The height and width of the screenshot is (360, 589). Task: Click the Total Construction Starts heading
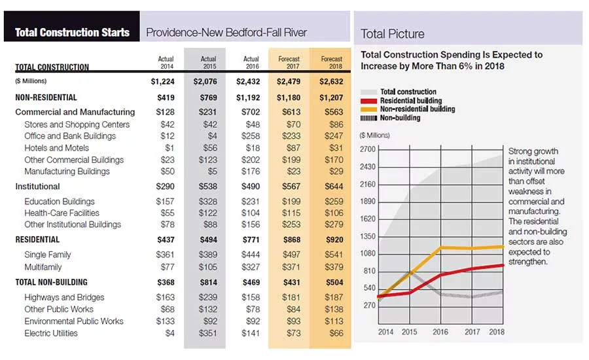[x=72, y=32]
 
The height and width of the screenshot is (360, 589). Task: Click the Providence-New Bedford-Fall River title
[x=226, y=33]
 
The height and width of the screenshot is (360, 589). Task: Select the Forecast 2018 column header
[x=332, y=62]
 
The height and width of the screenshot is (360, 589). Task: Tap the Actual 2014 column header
[x=166, y=62]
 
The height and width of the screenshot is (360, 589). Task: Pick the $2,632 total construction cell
[x=331, y=82]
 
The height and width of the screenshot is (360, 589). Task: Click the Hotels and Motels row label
[x=57, y=148]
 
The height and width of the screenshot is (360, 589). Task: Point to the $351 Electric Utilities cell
[x=208, y=333]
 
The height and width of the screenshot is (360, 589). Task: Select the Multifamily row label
[x=43, y=267]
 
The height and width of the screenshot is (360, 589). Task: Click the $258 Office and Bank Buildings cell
[x=251, y=136]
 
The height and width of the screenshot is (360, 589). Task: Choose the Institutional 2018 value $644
[x=334, y=187]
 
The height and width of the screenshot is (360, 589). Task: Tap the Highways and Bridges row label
[x=64, y=297]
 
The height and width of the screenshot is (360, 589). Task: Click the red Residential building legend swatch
[x=368, y=101]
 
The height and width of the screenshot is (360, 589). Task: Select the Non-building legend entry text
[x=400, y=118]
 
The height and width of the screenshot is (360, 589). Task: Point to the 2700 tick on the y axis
[x=368, y=149]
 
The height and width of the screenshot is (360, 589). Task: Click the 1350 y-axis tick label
[x=368, y=236]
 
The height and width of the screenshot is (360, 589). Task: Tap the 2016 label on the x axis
[x=440, y=332]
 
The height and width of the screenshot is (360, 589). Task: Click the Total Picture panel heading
[x=393, y=34]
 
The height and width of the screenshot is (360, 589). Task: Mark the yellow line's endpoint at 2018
[x=503, y=247]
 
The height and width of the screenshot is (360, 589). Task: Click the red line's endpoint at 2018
[x=503, y=265]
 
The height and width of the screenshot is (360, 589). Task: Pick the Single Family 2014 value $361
[x=166, y=255]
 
